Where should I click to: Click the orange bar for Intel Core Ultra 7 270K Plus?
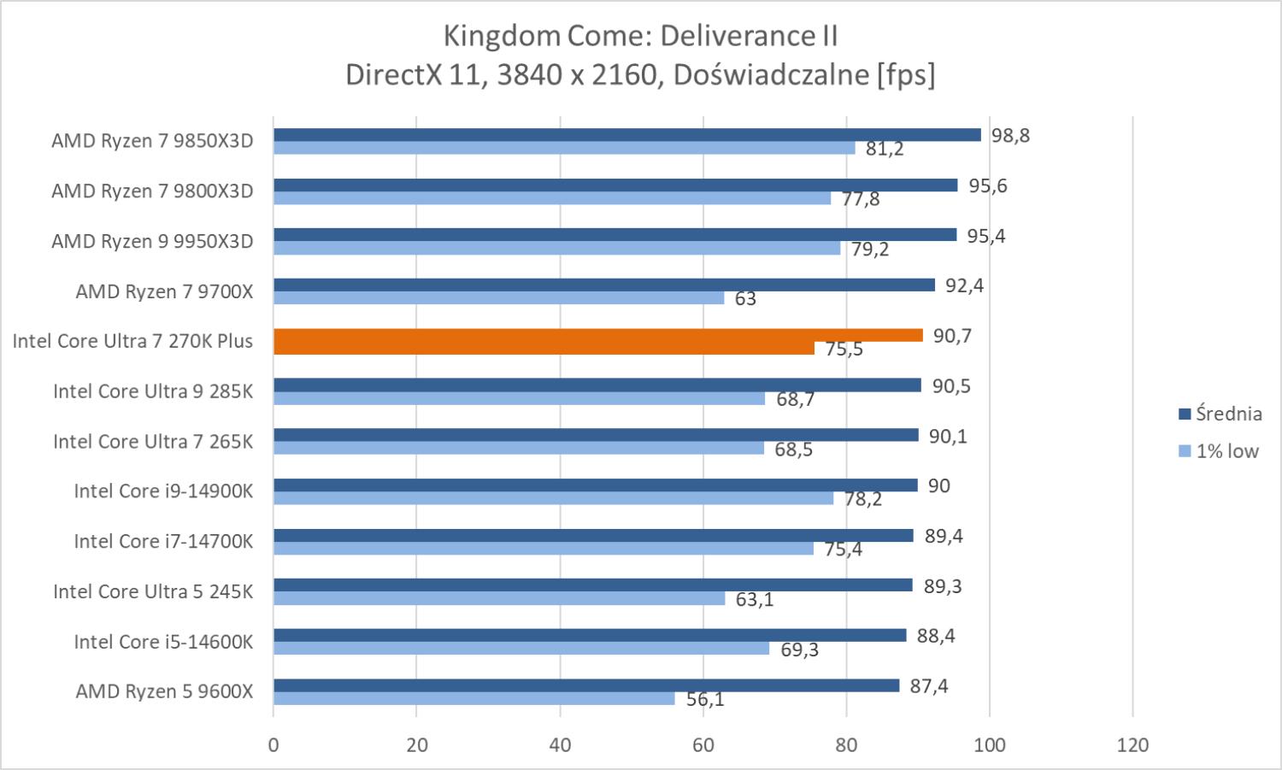click(598, 336)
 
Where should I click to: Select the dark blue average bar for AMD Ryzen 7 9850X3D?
click(626, 135)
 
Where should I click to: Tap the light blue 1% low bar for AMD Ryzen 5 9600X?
click(473, 699)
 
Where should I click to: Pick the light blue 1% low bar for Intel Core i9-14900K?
click(553, 498)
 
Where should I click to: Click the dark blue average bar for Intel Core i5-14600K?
click(590, 635)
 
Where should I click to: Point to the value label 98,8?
click(1010, 135)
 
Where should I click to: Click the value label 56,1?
click(705, 700)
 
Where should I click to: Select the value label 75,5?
click(844, 349)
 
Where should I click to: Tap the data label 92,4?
click(964, 285)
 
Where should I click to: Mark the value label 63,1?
click(755, 599)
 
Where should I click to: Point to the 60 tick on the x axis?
click(703, 745)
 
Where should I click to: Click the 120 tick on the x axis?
click(1132, 745)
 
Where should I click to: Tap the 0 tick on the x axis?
click(273, 745)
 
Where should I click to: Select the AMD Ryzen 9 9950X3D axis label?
click(152, 241)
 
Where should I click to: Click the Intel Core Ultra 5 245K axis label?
click(153, 591)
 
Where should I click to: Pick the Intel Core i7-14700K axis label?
click(163, 541)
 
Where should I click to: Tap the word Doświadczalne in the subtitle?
click(771, 75)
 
